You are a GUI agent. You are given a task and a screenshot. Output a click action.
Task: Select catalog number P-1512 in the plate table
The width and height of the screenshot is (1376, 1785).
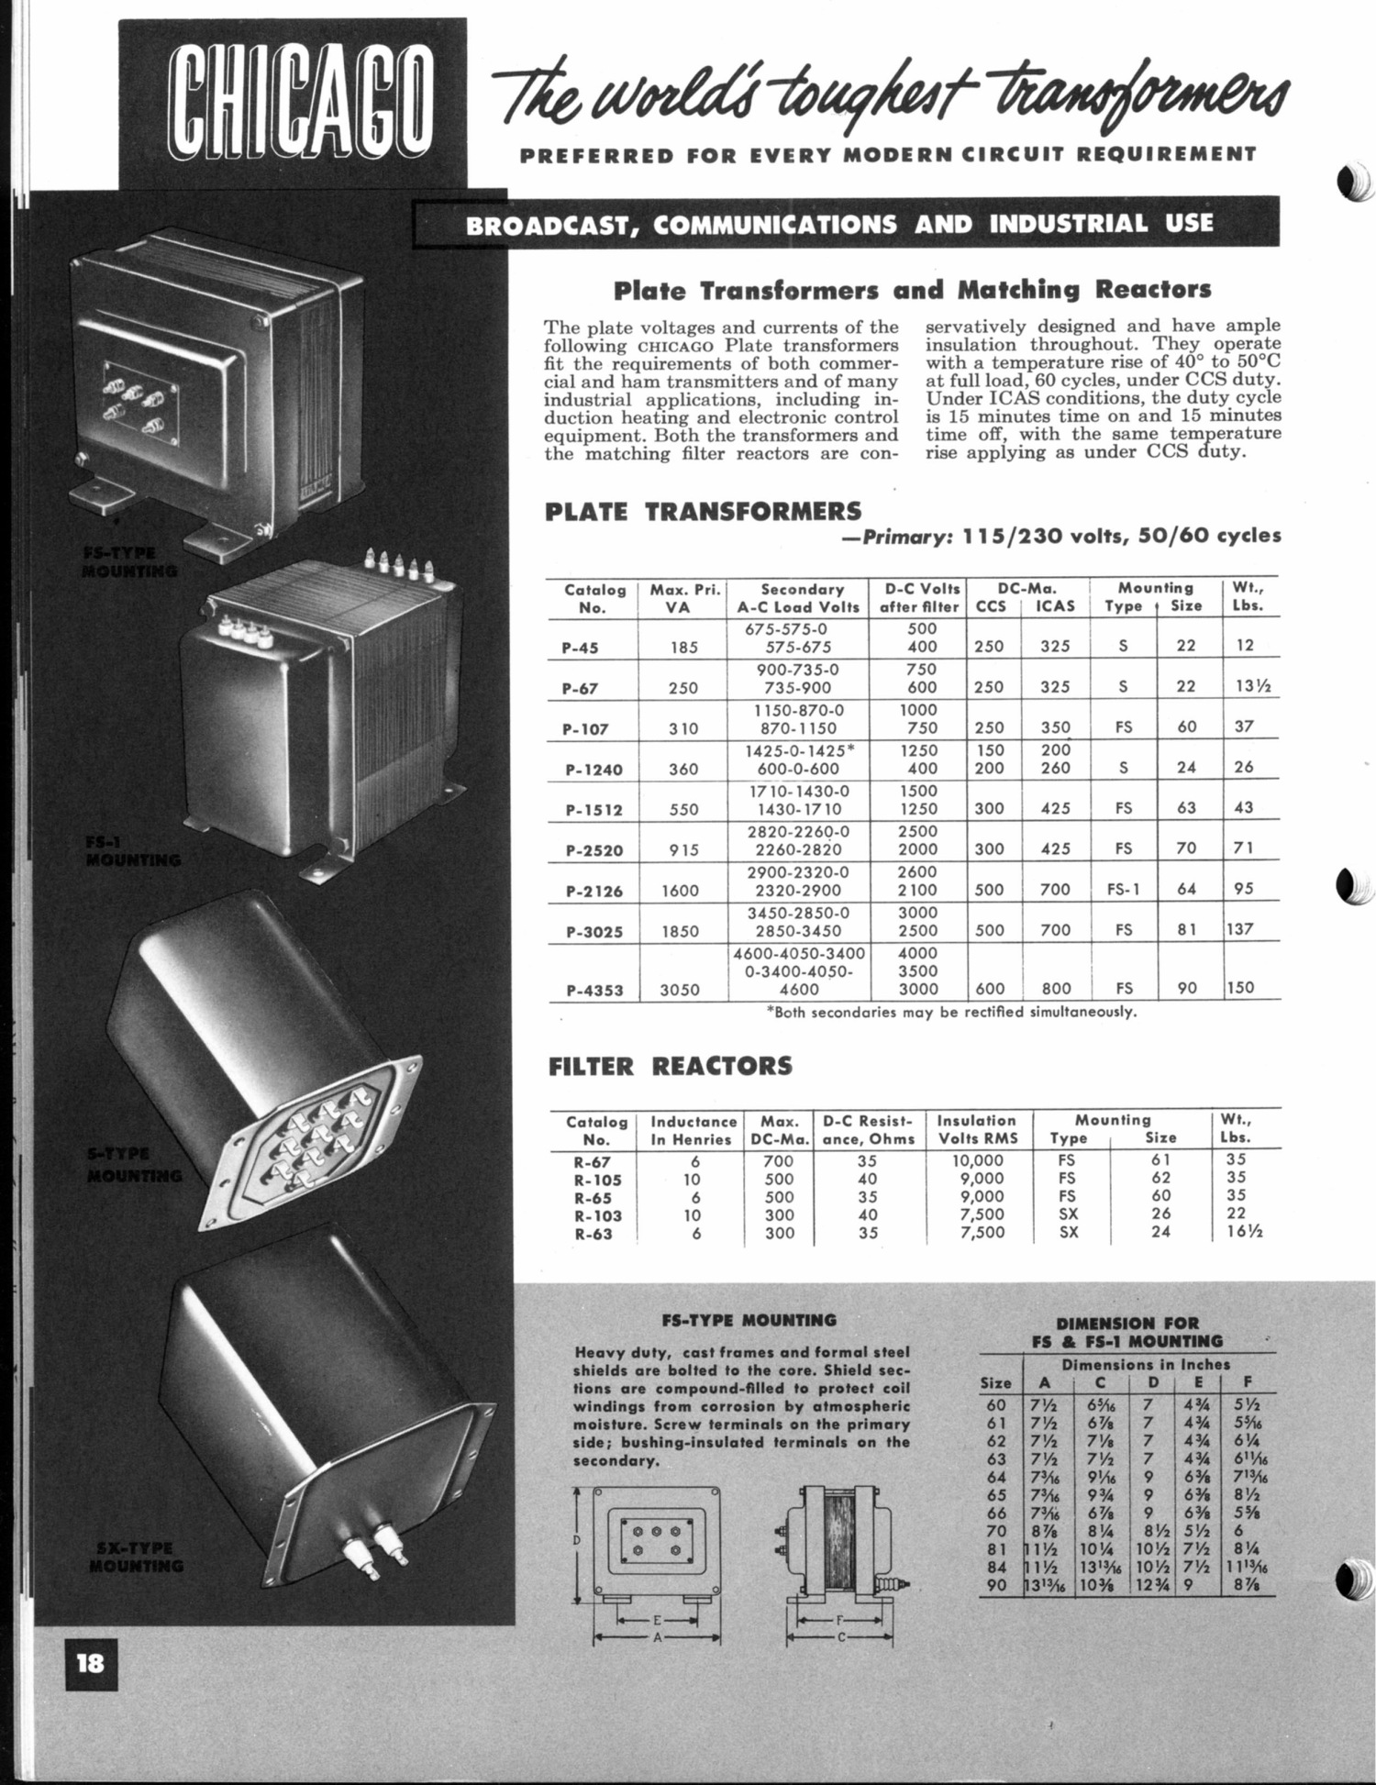(593, 810)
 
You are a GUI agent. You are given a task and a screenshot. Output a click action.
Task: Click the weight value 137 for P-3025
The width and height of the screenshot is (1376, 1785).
(1242, 929)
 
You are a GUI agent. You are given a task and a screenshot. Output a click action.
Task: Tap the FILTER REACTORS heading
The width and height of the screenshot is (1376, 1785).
(670, 1066)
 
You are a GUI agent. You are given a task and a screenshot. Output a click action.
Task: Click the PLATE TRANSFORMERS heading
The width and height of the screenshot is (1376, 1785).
(703, 511)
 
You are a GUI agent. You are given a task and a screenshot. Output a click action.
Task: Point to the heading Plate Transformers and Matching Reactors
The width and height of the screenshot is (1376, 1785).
(912, 291)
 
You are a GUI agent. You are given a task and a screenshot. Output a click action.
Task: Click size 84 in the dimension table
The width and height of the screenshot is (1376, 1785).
(995, 1568)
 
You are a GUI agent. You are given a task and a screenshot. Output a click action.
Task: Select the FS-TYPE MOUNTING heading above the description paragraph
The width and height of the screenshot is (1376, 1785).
(749, 1321)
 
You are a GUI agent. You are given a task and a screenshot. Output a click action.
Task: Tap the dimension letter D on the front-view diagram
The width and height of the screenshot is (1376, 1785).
(577, 1540)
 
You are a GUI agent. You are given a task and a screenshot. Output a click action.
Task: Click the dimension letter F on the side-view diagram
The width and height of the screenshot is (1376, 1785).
(839, 1621)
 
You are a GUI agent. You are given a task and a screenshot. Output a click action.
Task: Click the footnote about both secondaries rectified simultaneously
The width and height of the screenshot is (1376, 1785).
(951, 1014)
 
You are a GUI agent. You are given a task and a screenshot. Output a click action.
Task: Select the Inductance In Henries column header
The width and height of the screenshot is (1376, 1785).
(694, 1130)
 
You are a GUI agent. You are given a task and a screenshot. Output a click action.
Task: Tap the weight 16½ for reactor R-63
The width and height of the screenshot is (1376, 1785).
(1243, 1233)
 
